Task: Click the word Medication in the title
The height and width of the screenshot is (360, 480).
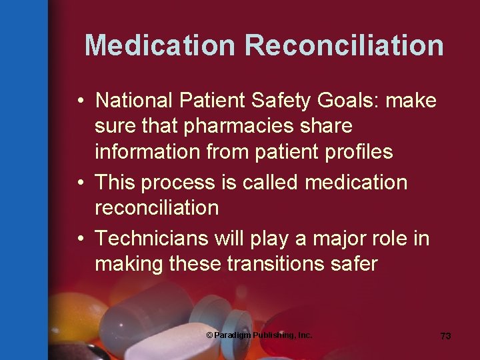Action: point(160,46)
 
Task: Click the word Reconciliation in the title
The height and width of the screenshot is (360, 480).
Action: point(344,46)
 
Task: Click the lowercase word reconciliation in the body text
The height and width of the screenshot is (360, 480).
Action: point(157,208)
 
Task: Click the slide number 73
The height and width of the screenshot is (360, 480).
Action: point(445,336)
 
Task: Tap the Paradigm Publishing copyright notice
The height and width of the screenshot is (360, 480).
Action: point(259,335)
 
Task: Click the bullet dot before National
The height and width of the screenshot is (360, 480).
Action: point(79,101)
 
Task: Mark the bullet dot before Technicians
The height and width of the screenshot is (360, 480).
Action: point(79,239)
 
